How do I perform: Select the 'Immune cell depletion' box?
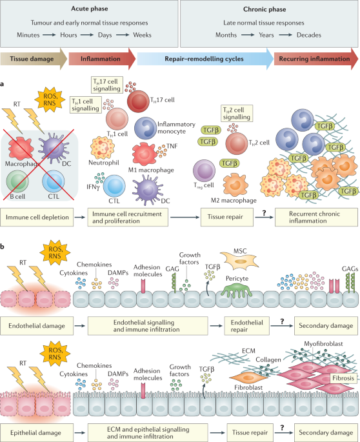click(x=43, y=219)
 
